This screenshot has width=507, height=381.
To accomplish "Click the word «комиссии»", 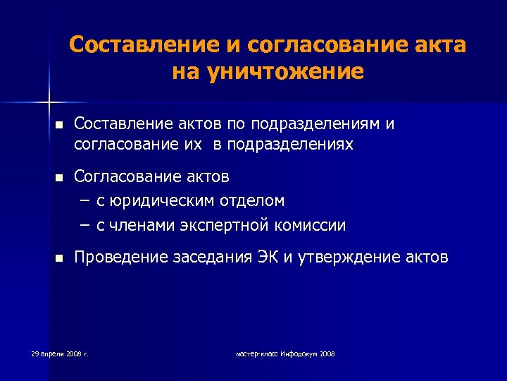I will pyautogui.click(x=311, y=226).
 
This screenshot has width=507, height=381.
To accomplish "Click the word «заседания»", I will pyautogui.click(x=210, y=258).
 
